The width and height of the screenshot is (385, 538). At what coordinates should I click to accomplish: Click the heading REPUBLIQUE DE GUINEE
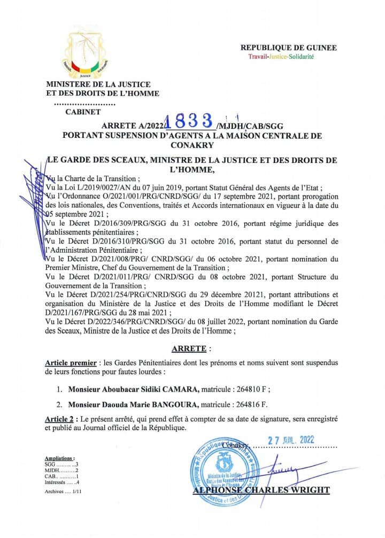pos(289,48)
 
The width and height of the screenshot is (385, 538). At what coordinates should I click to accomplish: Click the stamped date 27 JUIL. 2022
pos(291,440)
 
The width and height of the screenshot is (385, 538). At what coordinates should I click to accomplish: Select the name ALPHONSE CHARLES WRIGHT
pos(261,490)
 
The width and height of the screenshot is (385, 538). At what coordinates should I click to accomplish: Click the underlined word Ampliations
pos(59,458)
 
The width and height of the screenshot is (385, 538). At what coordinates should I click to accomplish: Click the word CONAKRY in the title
pos(192,145)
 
